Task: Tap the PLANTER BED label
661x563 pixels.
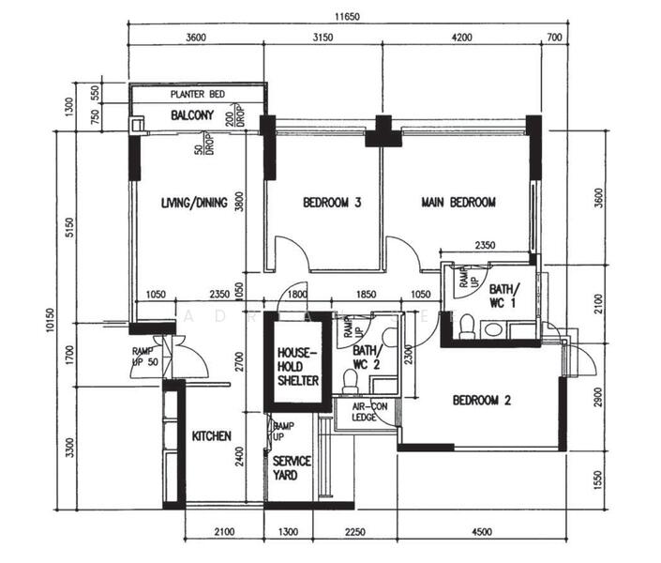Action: click(x=199, y=95)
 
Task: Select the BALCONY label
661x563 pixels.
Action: click(x=192, y=115)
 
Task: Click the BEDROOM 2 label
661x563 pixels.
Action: click(x=481, y=400)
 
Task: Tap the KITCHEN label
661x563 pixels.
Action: click(x=212, y=436)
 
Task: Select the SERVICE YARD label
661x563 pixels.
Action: click(x=286, y=468)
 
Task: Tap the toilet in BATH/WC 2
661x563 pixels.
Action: click(x=350, y=380)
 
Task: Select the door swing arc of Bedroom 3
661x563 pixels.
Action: click(x=283, y=249)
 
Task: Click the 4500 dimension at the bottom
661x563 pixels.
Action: click(x=481, y=533)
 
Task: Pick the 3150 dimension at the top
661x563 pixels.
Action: click(x=323, y=38)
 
